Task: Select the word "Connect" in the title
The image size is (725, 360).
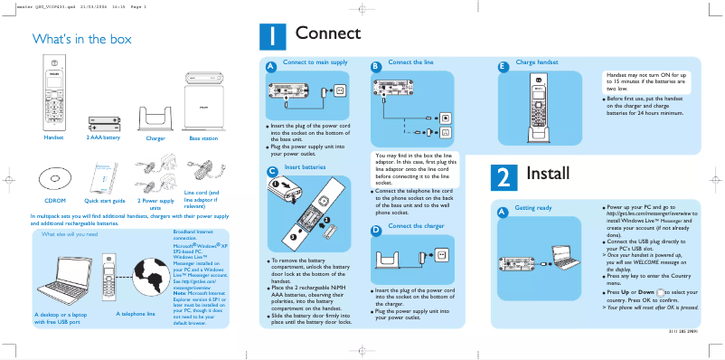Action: tap(327, 33)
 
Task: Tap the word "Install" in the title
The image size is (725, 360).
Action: tap(547, 173)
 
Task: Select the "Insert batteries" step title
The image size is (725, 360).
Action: tap(305, 167)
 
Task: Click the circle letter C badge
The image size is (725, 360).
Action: tap(271, 171)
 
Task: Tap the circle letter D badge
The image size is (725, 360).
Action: tap(375, 230)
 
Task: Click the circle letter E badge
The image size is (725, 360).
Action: tap(504, 66)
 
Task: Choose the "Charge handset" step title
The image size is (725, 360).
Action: tap(536, 62)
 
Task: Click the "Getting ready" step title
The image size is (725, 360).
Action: tap(532, 208)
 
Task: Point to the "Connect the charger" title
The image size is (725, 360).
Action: tap(416, 225)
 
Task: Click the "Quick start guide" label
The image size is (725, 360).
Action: tap(104, 201)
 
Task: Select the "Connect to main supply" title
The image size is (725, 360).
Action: tap(315, 62)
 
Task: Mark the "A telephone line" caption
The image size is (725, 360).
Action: tap(136, 313)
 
